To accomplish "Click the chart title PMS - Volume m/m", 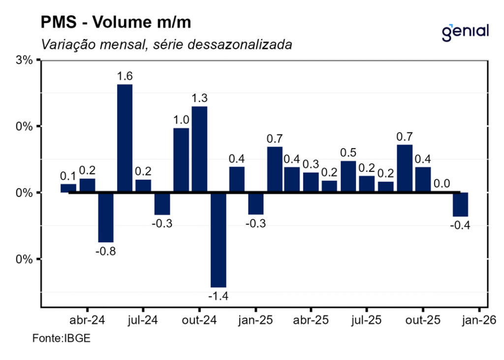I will (115, 23).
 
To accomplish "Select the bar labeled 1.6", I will (125, 138).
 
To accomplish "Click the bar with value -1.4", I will (218, 239).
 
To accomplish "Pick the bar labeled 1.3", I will (199, 149).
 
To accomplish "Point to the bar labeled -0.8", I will (106, 217).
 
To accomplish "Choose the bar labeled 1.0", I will (181, 160).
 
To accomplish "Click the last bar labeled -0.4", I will (461, 204).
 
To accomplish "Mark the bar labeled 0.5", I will (348, 176).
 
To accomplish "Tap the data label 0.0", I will (442, 184).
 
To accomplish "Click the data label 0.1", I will (68, 176).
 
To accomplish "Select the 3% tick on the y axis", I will (25, 61).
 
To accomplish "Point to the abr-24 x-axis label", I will (87, 321).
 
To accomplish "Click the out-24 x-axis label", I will (199, 321).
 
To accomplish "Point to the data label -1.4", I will (218, 296).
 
